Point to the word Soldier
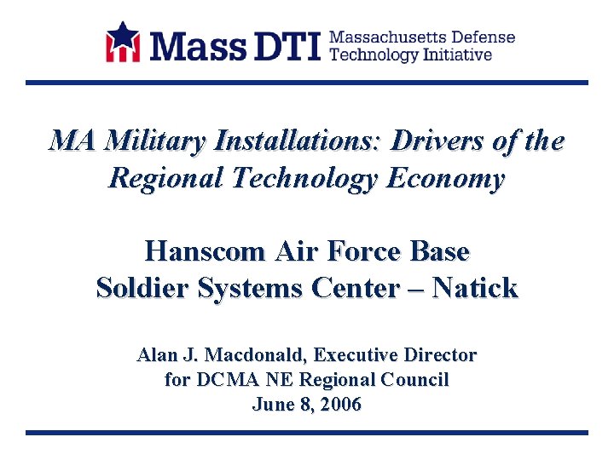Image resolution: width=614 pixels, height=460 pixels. pyautogui.click(x=142, y=288)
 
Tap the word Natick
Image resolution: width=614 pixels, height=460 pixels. pyautogui.click(x=474, y=288)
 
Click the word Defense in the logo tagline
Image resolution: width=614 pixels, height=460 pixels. pyautogui.click(x=482, y=37)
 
